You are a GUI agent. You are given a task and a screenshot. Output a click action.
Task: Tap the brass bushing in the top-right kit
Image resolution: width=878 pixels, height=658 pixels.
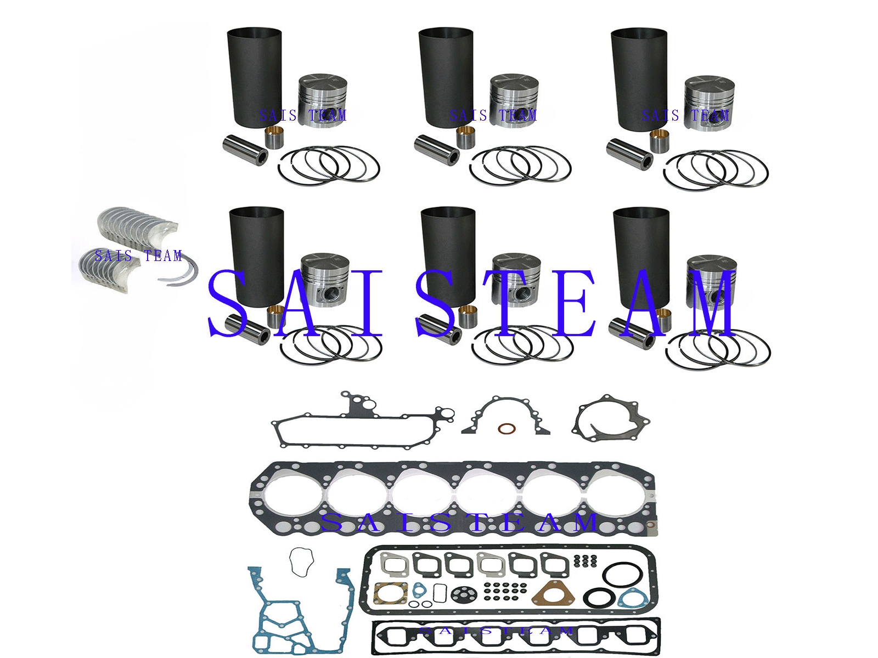[660, 142]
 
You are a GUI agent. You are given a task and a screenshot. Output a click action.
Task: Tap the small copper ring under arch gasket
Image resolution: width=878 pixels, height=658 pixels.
[506, 428]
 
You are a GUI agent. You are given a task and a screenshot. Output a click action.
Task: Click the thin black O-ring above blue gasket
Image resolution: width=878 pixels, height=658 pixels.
[301, 561]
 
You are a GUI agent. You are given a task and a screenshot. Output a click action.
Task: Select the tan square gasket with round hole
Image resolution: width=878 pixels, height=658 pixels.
[391, 594]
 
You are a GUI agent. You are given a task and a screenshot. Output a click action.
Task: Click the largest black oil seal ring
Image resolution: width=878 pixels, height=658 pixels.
[623, 576]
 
